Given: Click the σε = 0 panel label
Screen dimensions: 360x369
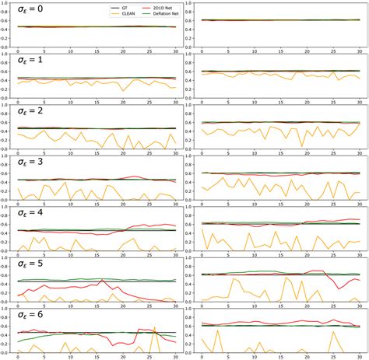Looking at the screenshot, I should (x=32, y=12).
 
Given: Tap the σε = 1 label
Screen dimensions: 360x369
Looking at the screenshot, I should (x=32, y=61).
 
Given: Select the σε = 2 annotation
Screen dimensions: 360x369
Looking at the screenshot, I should (x=32, y=111).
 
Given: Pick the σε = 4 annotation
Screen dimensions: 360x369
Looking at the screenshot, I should (x=32, y=212).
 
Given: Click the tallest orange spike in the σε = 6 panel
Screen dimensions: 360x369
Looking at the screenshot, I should (x=155, y=327).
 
